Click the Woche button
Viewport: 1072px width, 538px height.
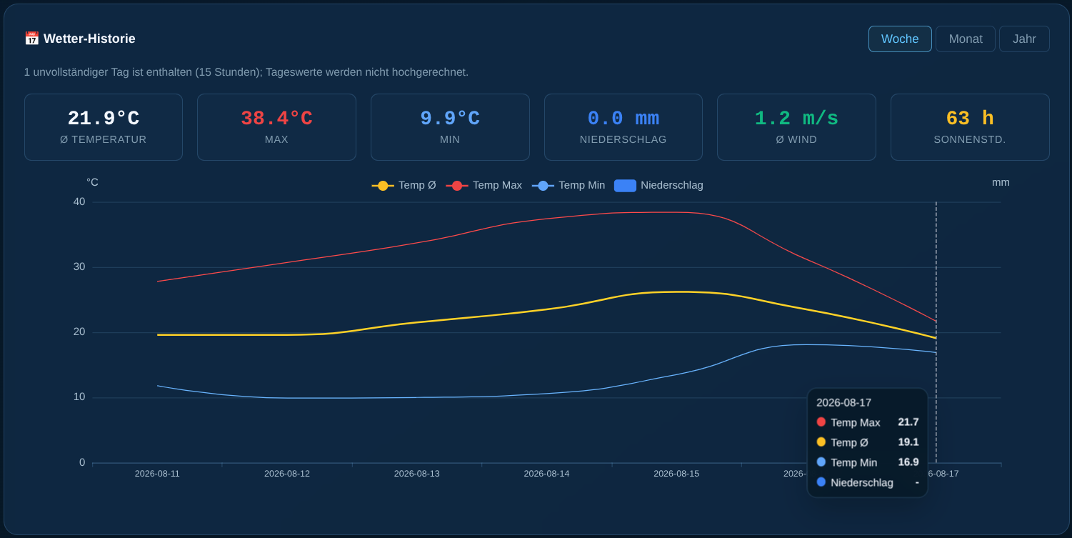click(x=900, y=39)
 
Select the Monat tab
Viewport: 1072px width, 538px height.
click(x=966, y=39)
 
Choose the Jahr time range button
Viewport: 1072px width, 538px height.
click(x=1024, y=39)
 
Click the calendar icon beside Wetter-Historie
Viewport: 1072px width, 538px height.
click(x=31, y=39)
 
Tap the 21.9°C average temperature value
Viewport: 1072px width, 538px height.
click(x=104, y=118)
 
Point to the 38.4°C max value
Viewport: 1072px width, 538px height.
click(x=276, y=118)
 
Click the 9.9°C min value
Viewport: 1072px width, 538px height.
click(x=450, y=118)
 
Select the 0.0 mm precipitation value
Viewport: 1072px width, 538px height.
click(x=623, y=118)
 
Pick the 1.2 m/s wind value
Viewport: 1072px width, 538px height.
click(x=796, y=118)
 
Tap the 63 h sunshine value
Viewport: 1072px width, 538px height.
click(x=970, y=118)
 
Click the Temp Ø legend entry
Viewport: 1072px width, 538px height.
click(x=404, y=185)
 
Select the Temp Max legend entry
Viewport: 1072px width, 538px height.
click(x=484, y=185)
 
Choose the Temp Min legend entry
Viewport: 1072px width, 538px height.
click(x=568, y=185)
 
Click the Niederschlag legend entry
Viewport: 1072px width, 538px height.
click(x=658, y=185)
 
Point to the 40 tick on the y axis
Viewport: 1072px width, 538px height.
click(x=79, y=202)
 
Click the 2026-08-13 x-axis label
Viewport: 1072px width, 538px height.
click(x=416, y=474)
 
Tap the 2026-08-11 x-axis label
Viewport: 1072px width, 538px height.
click(x=157, y=474)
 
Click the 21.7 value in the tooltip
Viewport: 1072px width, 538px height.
click(x=908, y=422)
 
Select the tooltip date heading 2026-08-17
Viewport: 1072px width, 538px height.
click(x=843, y=403)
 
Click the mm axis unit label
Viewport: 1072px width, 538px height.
click(x=1001, y=182)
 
